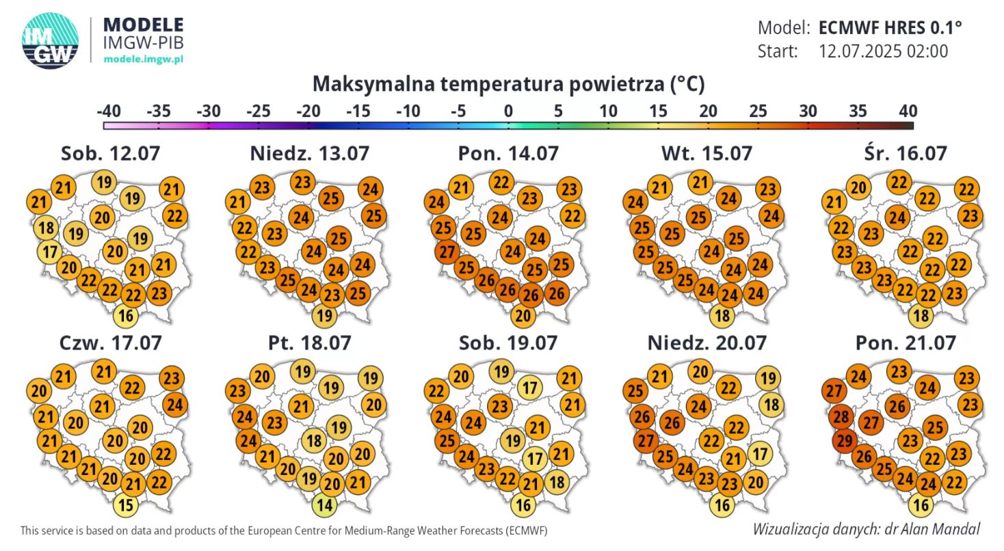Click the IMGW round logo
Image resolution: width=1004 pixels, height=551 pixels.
click(50, 40)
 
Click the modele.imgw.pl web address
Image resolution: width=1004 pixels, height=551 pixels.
click(143, 60)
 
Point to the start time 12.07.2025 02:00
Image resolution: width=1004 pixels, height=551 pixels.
click(883, 51)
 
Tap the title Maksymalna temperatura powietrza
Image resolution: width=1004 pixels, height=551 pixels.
click(508, 85)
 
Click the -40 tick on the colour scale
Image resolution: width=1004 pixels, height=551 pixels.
click(109, 111)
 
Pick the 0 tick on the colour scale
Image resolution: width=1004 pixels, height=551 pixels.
click(508, 111)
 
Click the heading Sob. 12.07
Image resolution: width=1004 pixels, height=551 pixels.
click(110, 153)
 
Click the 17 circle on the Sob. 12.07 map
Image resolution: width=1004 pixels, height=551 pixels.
click(49, 251)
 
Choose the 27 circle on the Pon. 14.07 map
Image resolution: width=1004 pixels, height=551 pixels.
click(447, 252)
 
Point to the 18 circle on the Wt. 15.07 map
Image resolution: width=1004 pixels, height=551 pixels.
click(723, 316)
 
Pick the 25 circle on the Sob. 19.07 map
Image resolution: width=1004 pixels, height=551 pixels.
click(447, 440)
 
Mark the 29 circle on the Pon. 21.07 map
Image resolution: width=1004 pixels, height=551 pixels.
click(845, 441)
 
